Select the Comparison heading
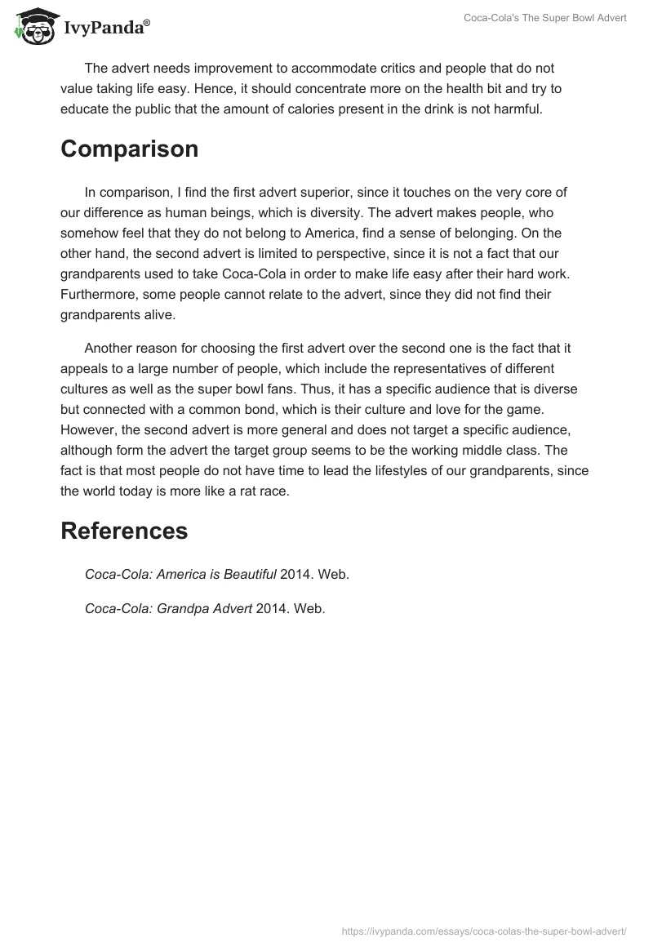[129, 149]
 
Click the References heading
[124, 531]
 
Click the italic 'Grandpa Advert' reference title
[180, 608]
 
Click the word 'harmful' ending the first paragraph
[518, 109]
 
